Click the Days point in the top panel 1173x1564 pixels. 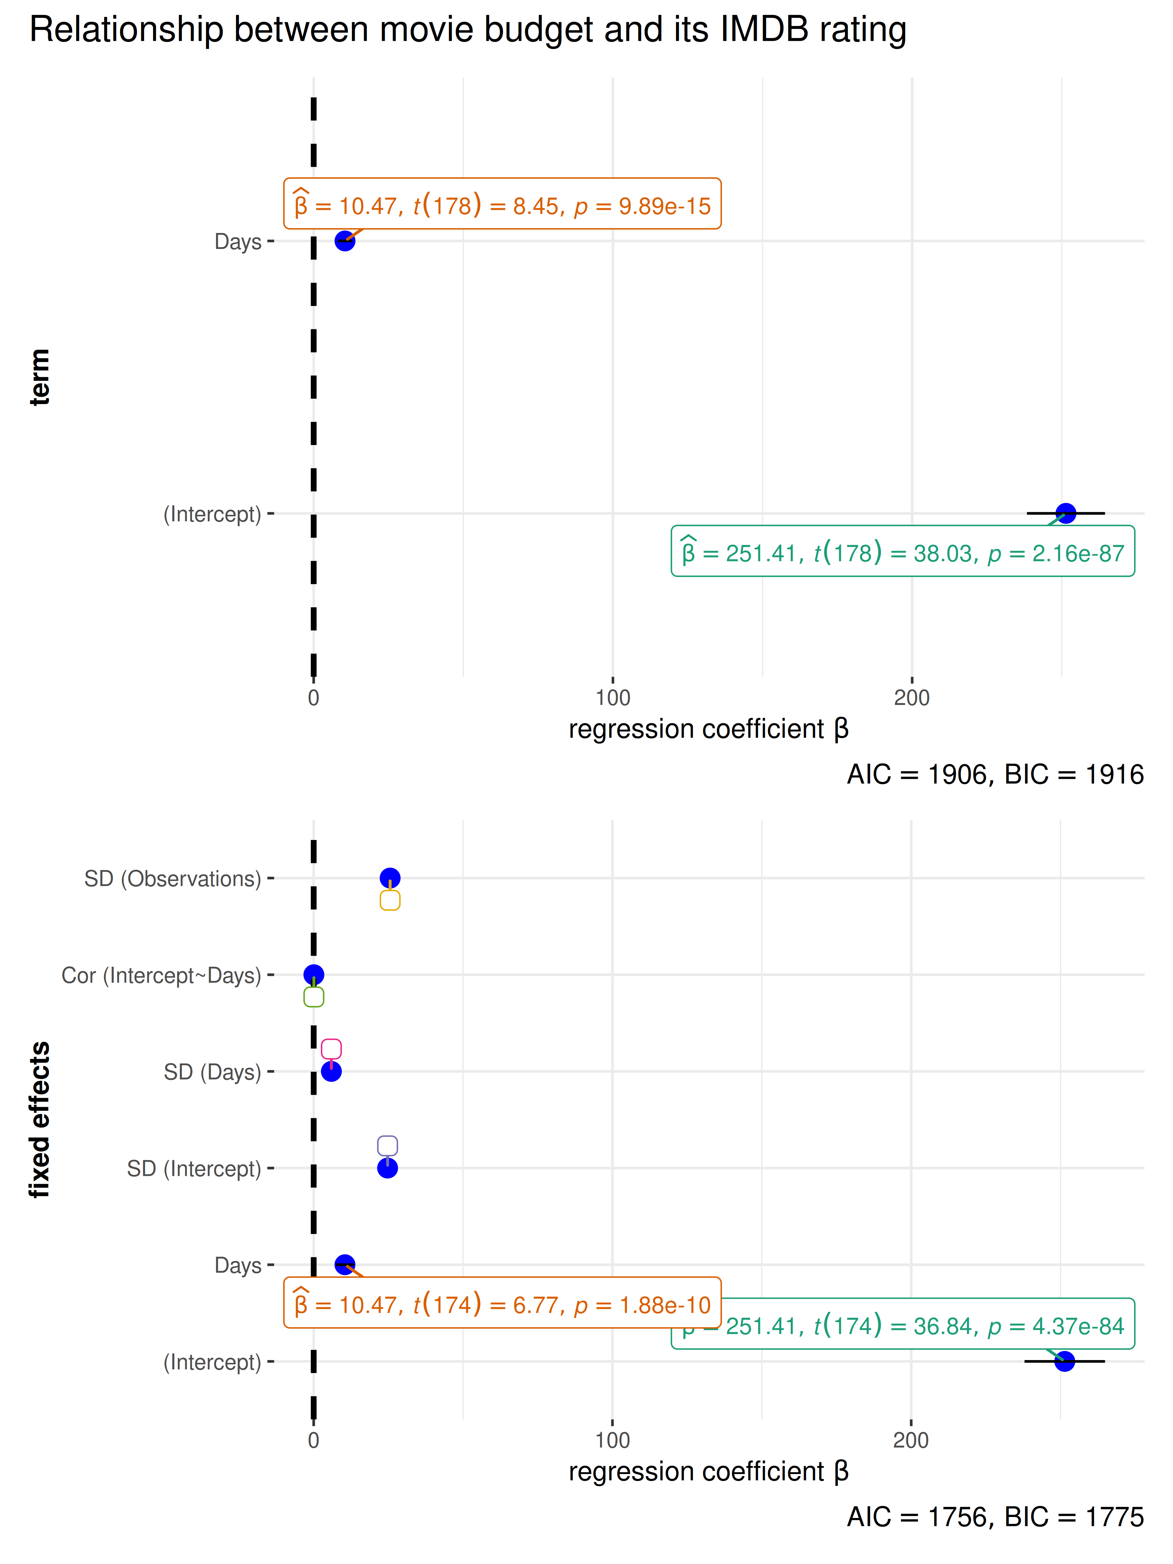click(x=344, y=241)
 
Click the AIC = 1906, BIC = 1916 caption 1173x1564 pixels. click(x=995, y=774)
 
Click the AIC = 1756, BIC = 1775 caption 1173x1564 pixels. click(x=995, y=1517)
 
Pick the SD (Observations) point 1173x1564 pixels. click(x=390, y=878)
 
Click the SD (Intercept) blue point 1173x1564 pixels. click(x=387, y=1168)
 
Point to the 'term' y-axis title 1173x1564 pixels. click(x=40, y=377)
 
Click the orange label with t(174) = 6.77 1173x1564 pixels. click(x=502, y=1303)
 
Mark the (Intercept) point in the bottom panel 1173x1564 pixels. click(x=1064, y=1361)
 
